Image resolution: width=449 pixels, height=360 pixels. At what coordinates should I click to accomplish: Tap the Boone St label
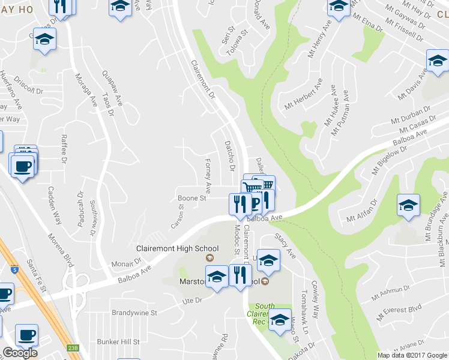point(191,197)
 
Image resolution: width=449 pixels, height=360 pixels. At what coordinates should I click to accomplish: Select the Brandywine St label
point(134,313)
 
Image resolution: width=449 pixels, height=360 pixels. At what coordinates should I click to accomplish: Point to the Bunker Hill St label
point(118,341)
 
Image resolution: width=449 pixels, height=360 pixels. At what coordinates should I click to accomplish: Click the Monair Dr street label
point(125,262)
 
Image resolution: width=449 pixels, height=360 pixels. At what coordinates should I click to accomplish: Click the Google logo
point(20,353)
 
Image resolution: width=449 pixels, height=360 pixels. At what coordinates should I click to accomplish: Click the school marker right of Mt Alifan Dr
point(408,205)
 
